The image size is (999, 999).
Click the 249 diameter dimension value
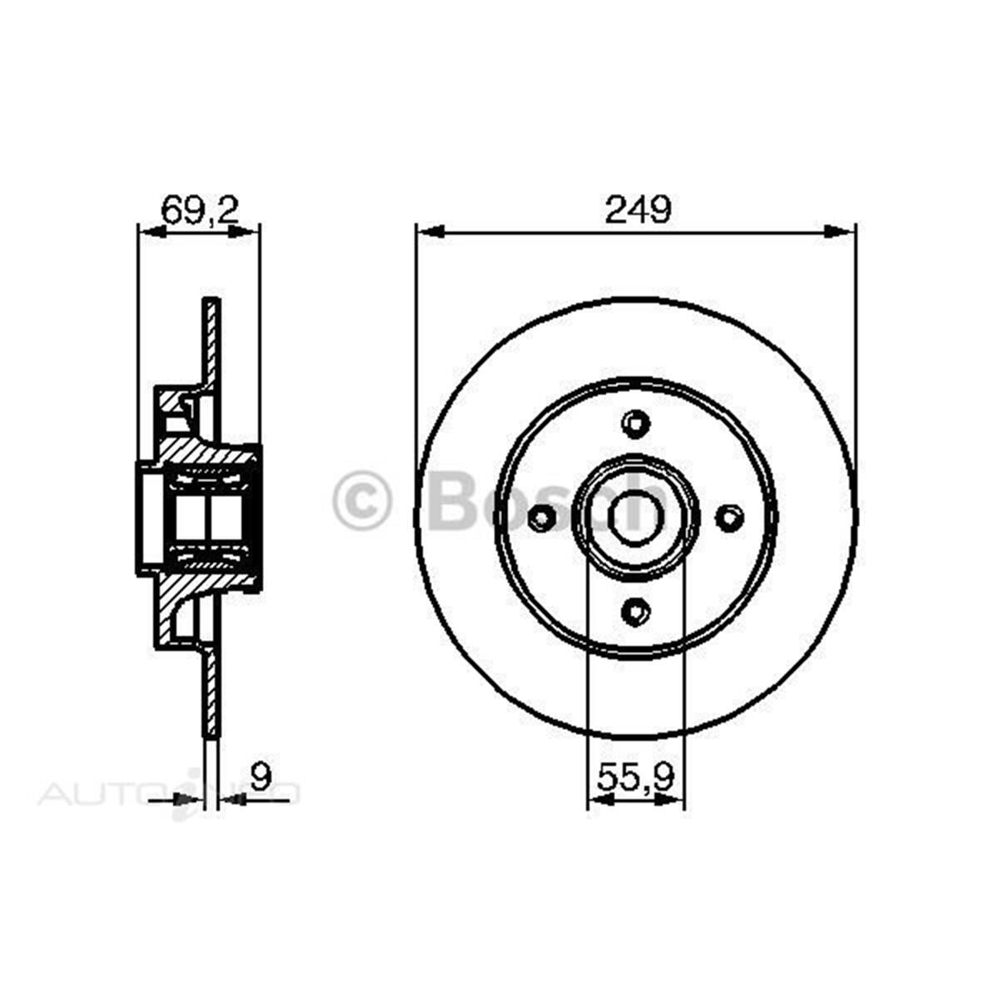click(637, 210)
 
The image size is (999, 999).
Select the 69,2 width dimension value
click(200, 210)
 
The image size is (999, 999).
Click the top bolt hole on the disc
click(636, 424)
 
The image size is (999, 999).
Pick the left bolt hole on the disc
click(542, 519)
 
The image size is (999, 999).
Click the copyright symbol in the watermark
click(363, 501)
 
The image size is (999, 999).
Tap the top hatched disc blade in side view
click(212, 341)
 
